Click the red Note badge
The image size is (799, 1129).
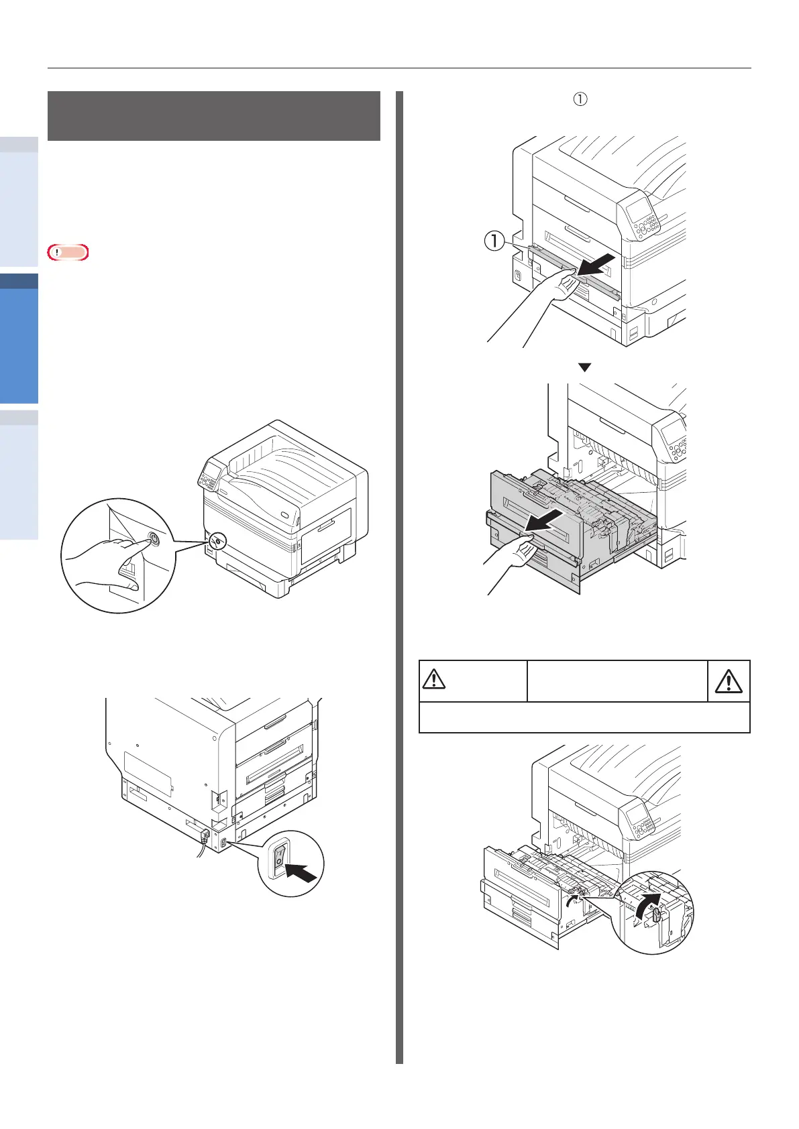68,253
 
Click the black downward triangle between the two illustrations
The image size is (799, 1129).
584,367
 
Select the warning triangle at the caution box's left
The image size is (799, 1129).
435,680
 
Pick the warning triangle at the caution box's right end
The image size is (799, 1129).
729,681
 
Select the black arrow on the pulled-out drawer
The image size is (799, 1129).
545,520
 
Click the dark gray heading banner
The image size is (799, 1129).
214,116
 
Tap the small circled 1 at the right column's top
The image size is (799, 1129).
580,99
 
